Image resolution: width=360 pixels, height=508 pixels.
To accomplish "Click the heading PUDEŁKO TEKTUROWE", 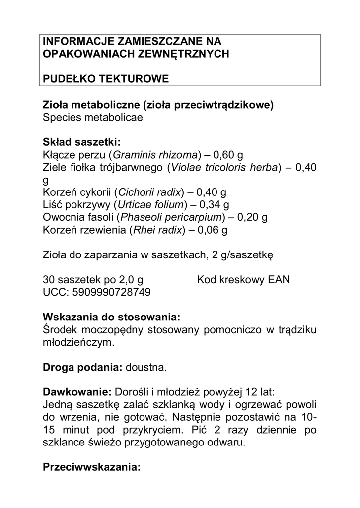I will (106, 79).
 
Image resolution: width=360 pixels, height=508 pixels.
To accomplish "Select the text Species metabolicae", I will (93, 118).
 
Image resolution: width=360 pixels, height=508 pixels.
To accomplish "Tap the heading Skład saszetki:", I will (82, 142).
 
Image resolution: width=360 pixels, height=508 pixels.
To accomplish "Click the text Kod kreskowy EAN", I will (243, 280).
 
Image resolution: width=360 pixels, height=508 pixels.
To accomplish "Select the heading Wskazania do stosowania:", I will (112, 317).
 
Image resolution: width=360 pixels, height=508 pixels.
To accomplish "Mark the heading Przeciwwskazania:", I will (92, 467).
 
